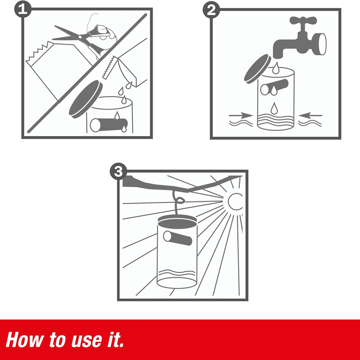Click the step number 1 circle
tap(23, 9)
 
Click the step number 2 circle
tap(212, 10)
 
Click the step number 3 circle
tap(118, 171)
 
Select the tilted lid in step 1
tap(86, 99)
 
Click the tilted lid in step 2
tap(258, 69)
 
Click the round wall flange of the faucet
tap(320, 44)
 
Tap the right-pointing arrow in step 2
tap(241, 115)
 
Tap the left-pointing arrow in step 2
tap(311, 115)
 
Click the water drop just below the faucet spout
tap(276, 68)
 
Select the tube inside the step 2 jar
tap(274, 87)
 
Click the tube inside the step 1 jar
tap(109, 125)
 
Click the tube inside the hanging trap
tap(178, 238)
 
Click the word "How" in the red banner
tap(25, 340)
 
